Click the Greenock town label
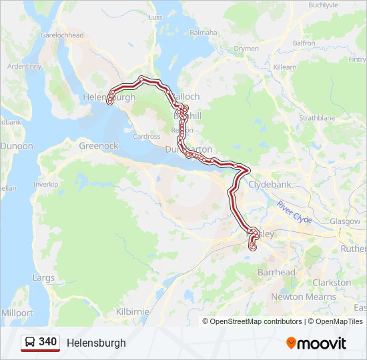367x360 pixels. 98,145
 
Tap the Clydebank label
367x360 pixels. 270,185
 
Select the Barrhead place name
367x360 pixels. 276,272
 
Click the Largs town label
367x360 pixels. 43,277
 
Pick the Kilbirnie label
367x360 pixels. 133,311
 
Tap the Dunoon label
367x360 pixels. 16,145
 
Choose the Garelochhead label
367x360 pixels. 61,35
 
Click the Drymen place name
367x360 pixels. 246,49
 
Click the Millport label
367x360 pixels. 17,313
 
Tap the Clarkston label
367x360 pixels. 332,283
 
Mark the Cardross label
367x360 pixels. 146,137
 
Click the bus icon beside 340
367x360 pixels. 30,343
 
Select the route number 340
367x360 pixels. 47,342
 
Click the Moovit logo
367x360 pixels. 316,343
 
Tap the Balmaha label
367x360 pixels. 204,32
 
